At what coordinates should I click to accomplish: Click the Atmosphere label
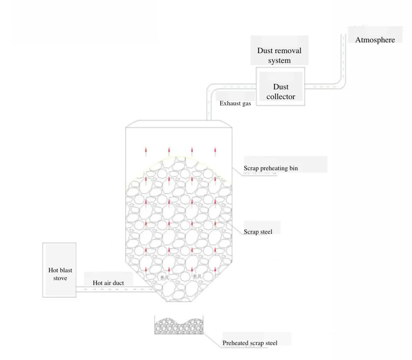(x=375, y=40)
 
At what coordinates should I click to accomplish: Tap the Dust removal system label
(x=279, y=56)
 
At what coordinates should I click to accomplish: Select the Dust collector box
(x=280, y=86)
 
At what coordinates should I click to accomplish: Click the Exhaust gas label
(x=235, y=103)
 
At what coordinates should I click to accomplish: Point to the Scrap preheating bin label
(x=271, y=168)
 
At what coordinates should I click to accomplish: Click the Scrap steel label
(x=258, y=232)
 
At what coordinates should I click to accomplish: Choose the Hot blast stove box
(x=60, y=270)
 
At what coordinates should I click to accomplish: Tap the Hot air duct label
(x=108, y=283)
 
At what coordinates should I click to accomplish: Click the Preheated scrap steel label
(x=250, y=343)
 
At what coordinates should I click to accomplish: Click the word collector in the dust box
(x=281, y=97)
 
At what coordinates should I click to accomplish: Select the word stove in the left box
(x=60, y=278)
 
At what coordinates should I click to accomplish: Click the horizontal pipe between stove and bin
(x=113, y=289)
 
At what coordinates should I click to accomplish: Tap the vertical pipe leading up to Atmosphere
(x=343, y=60)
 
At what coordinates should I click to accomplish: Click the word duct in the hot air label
(x=117, y=283)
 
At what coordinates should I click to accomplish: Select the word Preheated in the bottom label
(x=236, y=343)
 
